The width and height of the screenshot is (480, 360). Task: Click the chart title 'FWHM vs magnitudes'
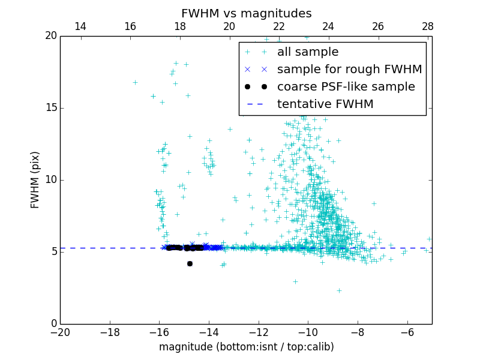[246, 13]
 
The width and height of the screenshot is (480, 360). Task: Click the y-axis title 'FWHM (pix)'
[35, 179]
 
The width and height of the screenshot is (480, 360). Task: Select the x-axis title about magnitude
[246, 347]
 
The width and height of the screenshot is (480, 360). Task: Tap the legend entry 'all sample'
[308, 52]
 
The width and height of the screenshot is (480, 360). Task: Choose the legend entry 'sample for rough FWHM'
[349, 70]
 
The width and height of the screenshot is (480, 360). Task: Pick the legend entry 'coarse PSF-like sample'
[346, 87]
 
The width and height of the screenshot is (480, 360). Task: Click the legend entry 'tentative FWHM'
[325, 104]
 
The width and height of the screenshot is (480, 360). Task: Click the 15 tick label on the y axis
[51, 108]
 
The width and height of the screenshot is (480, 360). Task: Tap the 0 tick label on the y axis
[53, 324]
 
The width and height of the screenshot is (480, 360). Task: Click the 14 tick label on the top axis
[80, 26]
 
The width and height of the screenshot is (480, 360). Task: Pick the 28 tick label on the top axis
[428, 26]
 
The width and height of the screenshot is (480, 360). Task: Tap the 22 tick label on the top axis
[279, 26]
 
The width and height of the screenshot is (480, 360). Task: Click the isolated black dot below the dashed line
[190, 263]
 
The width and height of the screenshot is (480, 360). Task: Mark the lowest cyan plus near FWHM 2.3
[339, 290]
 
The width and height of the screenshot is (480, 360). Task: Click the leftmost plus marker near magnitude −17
[135, 82]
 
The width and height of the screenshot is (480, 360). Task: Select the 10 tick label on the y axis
[51, 180]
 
